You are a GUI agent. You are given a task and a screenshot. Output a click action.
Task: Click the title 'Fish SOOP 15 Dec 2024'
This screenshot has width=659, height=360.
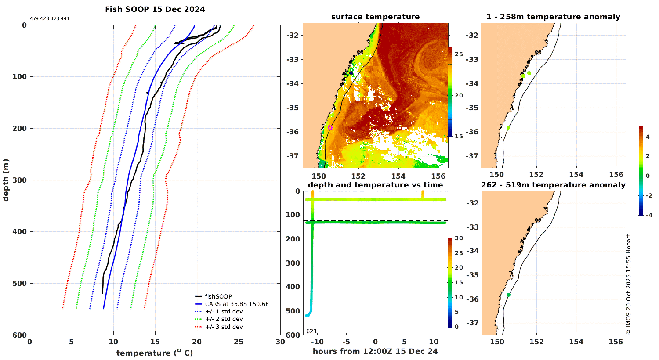[x=155, y=9]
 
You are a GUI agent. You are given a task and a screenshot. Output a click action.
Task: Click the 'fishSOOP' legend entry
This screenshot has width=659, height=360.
[x=218, y=296]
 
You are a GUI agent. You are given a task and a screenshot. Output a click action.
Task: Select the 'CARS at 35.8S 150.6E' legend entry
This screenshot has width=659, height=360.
[x=237, y=304]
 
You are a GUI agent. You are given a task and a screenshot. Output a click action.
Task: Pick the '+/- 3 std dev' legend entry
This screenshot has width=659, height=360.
[x=224, y=327]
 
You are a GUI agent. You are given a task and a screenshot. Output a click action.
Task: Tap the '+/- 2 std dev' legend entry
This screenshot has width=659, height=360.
[x=224, y=319]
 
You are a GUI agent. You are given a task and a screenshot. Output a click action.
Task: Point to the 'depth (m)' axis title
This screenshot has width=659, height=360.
[x=6, y=180]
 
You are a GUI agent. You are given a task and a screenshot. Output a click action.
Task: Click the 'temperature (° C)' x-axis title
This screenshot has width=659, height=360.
[x=155, y=353]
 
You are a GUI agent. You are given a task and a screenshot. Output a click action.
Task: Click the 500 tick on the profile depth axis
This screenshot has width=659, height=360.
[x=19, y=283]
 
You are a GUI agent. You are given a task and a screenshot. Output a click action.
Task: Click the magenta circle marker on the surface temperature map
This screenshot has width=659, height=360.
[x=330, y=127]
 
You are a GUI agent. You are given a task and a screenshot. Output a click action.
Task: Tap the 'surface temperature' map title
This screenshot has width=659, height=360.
[x=375, y=17]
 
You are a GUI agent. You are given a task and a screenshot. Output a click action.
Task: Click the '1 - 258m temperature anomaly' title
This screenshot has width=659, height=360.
[x=553, y=17]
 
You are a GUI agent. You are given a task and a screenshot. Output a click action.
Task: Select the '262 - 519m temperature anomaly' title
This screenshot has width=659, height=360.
[x=553, y=185]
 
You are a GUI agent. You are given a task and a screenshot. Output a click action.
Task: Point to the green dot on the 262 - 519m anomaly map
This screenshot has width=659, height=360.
[x=508, y=295]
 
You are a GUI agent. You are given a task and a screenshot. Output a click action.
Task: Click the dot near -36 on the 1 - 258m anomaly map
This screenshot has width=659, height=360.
[x=508, y=127]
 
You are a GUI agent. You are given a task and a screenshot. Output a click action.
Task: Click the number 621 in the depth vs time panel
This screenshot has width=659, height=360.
[x=311, y=331]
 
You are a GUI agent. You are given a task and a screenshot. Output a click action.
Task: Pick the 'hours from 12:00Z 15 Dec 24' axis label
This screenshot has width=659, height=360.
[x=375, y=351]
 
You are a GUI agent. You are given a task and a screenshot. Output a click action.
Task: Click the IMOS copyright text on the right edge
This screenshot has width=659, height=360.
[x=629, y=284]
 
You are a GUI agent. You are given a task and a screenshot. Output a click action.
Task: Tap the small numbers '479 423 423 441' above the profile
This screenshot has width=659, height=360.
[x=50, y=18]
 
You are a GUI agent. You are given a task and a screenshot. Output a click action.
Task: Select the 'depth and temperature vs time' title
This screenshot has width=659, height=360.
[x=375, y=185]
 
